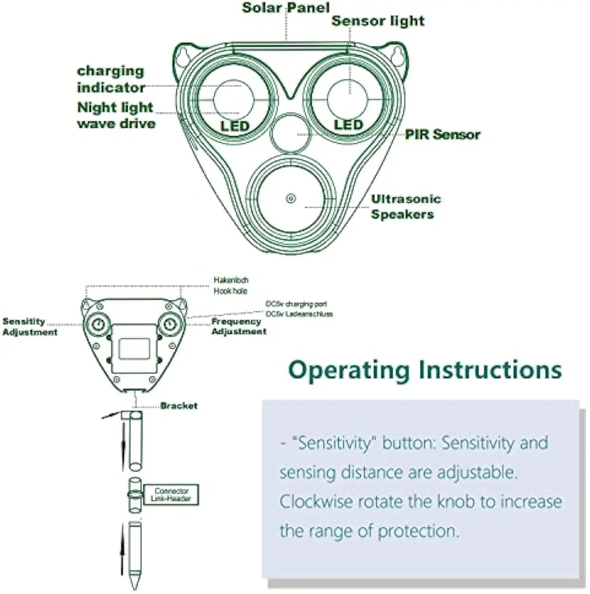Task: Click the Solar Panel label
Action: coord(285,8)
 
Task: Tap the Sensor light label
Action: coord(378,21)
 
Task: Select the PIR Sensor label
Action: coord(442,135)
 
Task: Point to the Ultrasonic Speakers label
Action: coord(405,207)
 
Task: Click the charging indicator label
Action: coord(111,79)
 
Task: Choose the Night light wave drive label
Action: coord(116,115)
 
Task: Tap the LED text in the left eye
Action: coord(235,126)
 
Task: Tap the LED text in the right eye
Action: coord(348,125)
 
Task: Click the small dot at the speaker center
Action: coord(291,198)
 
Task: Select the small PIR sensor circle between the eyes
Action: coord(290,133)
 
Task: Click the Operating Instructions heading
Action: coord(425,370)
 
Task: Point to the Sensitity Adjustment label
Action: coord(30,327)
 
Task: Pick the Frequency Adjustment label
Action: coord(239,326)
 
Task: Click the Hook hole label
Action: coord(230,291)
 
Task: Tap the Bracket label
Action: coord(179,406)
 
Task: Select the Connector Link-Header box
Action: coord(171,495)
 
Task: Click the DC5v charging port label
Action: coord(296,304)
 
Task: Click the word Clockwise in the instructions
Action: coord(316,502)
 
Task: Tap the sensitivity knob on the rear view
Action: coord(98,325)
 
